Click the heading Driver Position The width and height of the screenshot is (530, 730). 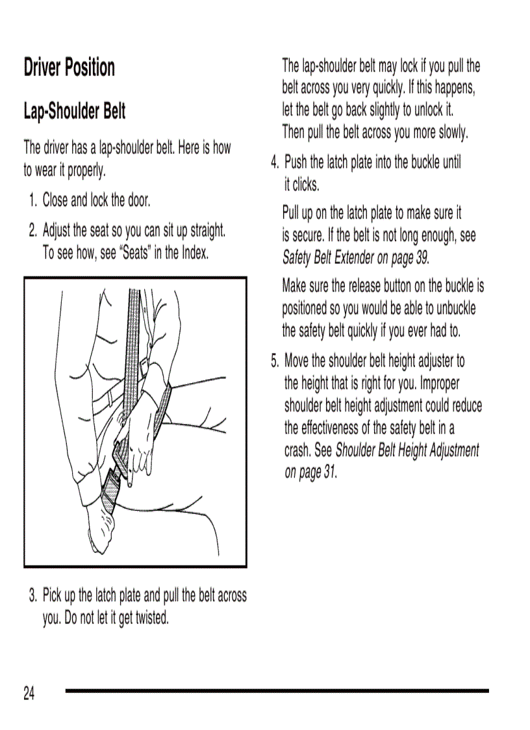(69, 68)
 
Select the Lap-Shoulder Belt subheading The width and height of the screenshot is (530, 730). (75, 111)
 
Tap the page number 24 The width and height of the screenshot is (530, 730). (29, 694)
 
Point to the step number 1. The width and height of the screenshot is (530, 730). (33, 200)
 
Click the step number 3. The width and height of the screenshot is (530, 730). (32, 595)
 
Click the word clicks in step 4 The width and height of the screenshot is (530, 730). (306, 185)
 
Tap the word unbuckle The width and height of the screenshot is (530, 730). (453, 308)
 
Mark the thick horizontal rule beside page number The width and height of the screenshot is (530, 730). (277, 690)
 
